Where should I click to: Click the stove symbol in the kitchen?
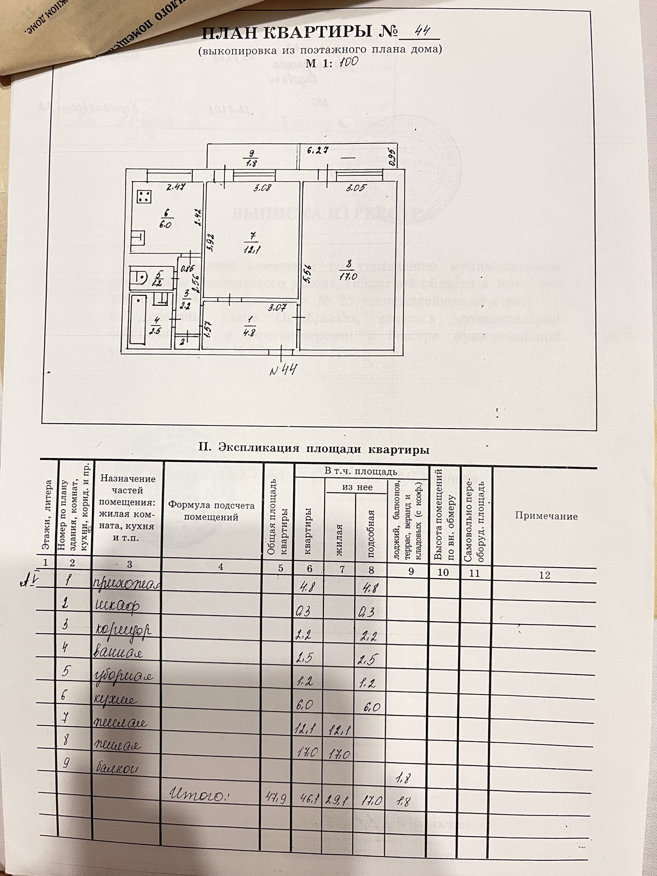[x=144, y=196]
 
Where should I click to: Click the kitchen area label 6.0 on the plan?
[x=165, y=225]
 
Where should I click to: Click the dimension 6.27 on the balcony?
[x=316, y=151]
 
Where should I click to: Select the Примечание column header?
[x=546, y=516]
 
